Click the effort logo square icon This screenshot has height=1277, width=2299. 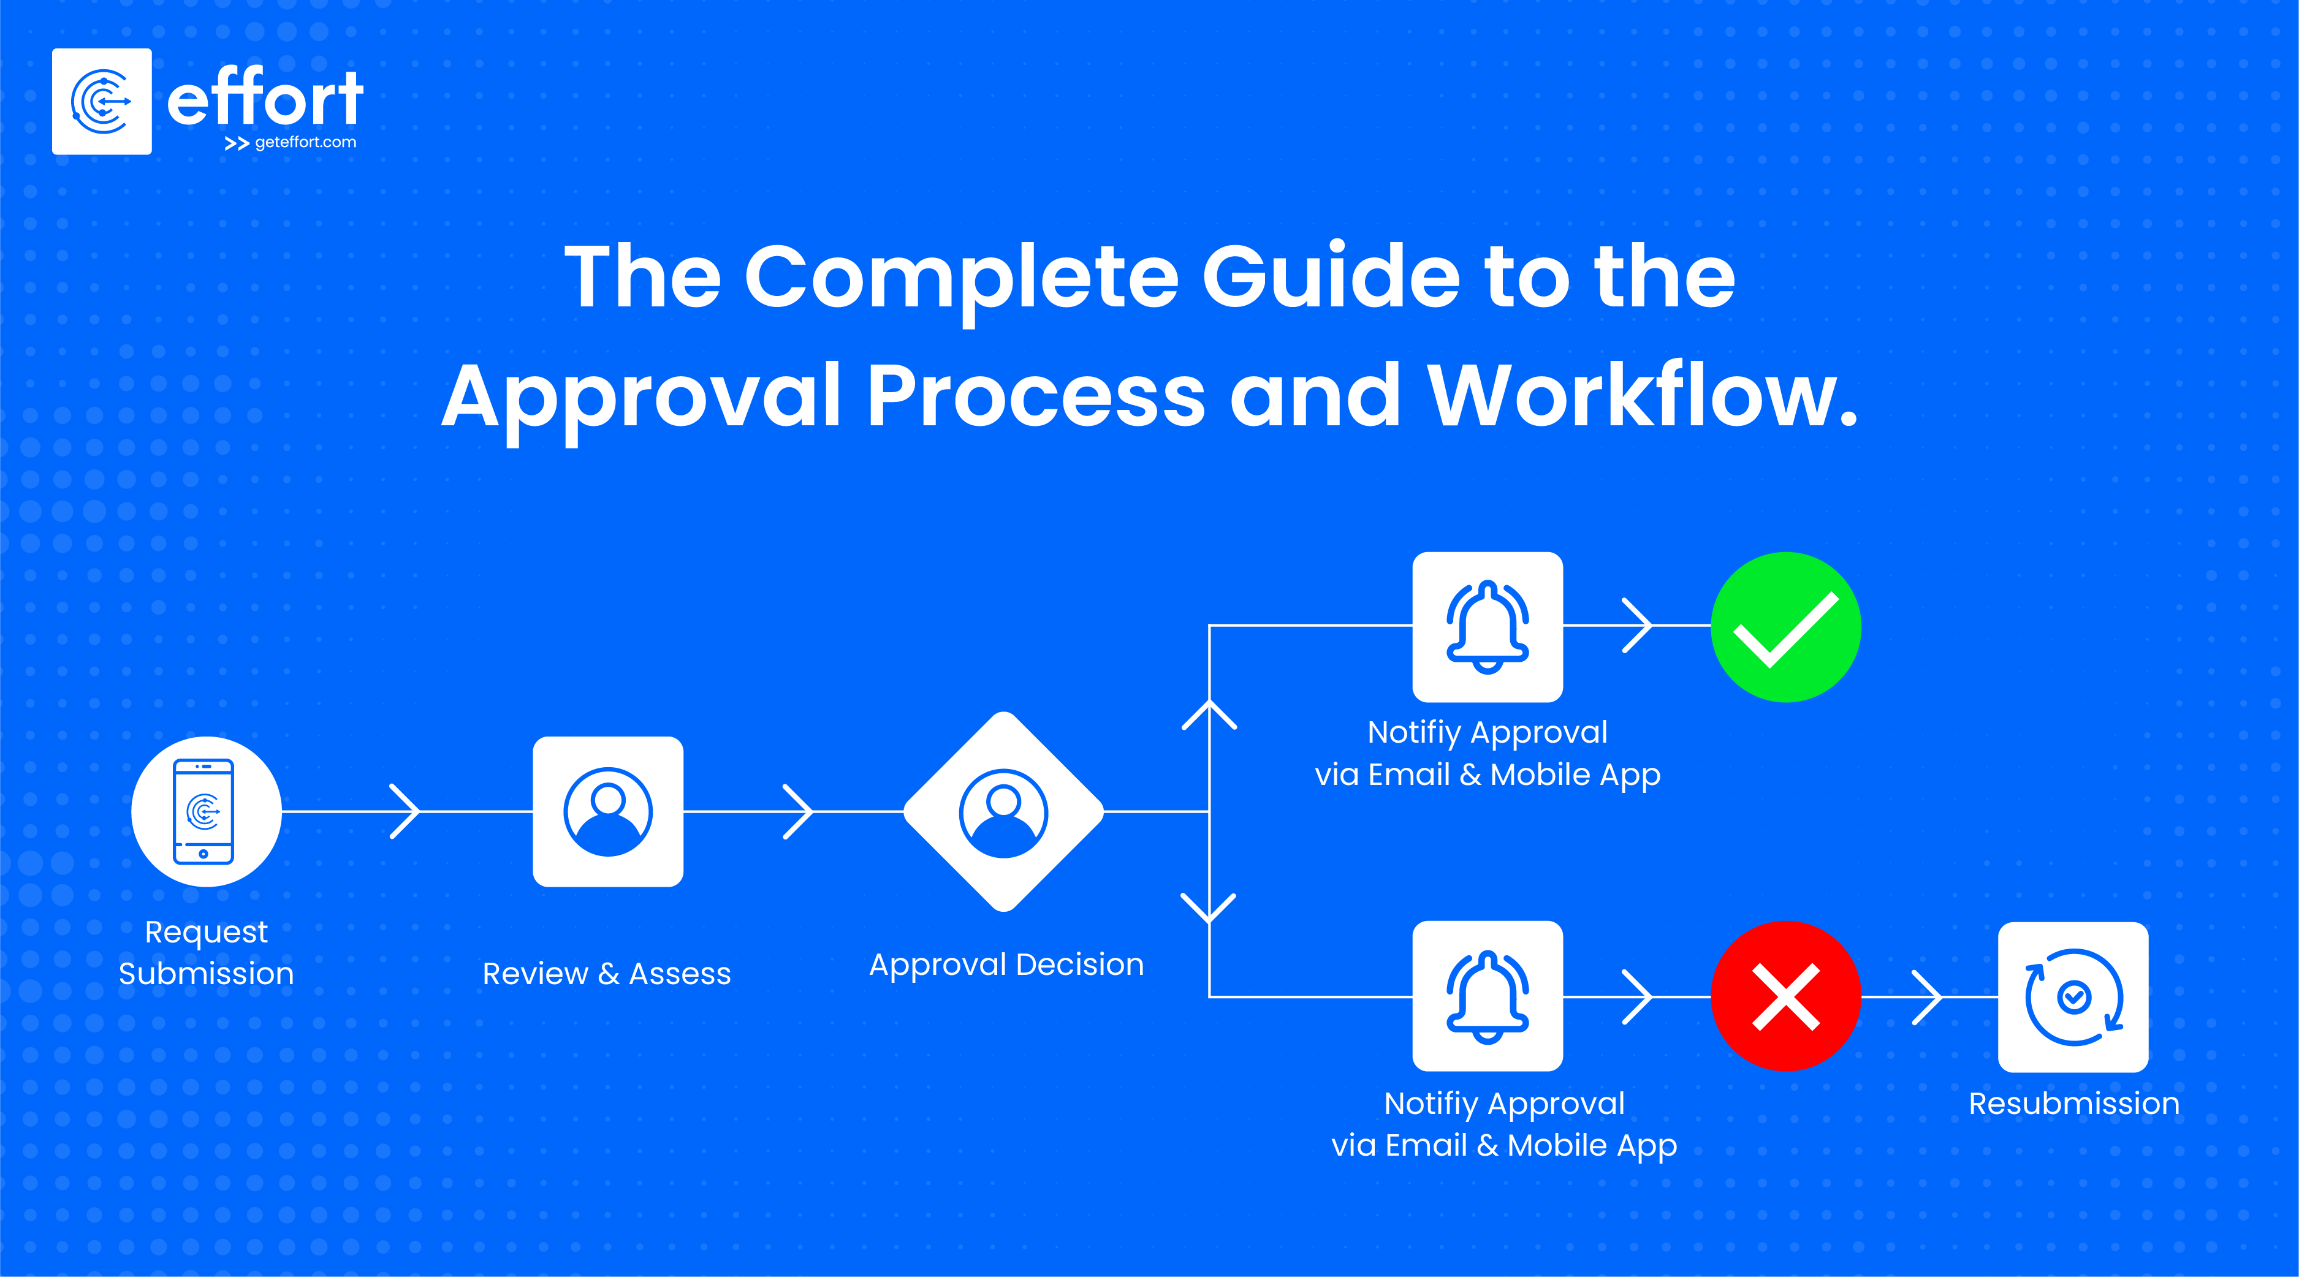pos(102,102)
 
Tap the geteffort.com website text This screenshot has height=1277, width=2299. pos(305,143)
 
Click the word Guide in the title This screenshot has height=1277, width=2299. pos(1330,278)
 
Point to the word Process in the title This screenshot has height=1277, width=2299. pos(1035,396)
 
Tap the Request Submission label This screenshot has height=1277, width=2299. pos(206,952)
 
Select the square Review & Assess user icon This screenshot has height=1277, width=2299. pos(608,811)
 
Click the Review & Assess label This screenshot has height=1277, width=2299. pos(607,974)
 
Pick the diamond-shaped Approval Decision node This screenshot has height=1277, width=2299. pos(1004,811)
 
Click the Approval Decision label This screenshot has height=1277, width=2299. pos(1006,964)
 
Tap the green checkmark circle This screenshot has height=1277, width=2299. pos(1786,627)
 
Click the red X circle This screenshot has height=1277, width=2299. pos(1786,996)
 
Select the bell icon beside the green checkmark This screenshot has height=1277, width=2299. pos(1488,627)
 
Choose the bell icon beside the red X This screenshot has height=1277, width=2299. pos(1488,996)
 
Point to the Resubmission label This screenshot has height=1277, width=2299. pos(2074,1104)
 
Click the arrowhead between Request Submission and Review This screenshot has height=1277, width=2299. pos(406,811)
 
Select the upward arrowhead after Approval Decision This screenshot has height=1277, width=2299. pos(1209,714)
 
